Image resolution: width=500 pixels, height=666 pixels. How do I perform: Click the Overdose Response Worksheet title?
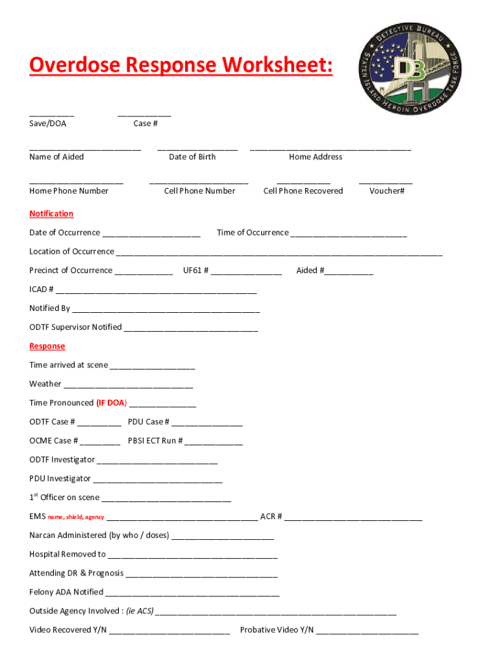tap(181, 65)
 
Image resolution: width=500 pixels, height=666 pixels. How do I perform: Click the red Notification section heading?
tap(51, 214)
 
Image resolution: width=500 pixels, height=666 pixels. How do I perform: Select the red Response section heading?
tap(47, 346)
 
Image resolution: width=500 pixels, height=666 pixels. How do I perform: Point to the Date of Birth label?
tap(192, 157)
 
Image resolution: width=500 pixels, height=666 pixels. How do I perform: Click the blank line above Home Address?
tap(330, 150)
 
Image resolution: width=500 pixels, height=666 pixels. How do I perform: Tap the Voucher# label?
tap(386, 191)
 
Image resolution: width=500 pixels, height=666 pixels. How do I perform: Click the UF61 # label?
tap(195, 271)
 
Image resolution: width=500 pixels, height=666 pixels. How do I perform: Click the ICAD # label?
tap(42, 289)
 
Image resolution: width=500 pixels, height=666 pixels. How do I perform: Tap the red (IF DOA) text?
tap(111, 403)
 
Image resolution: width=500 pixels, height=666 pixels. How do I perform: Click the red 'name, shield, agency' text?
tap(75, 517)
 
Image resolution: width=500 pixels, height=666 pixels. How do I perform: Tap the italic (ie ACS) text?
tap(140, 611)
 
